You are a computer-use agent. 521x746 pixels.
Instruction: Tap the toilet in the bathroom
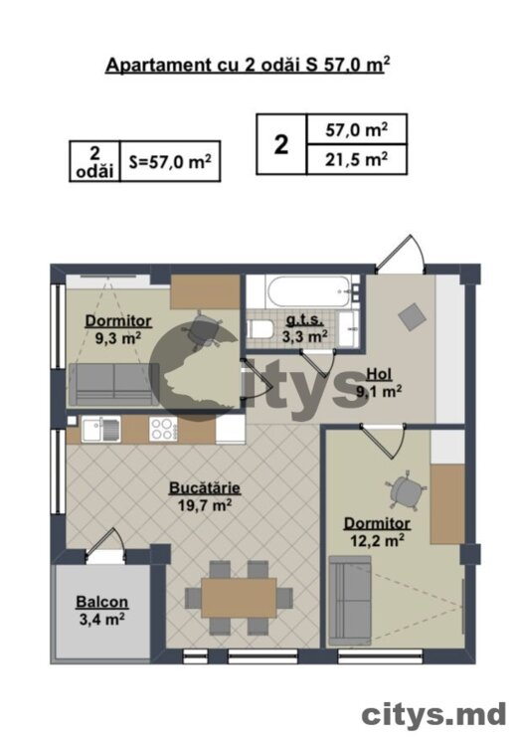tap(260, 329)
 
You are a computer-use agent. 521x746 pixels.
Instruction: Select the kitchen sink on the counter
tap(100, 430)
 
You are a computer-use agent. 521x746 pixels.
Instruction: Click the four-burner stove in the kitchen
tap(164, 429)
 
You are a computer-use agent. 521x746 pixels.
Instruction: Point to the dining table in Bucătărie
tap(239, 597)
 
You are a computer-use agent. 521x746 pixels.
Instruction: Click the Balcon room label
tap(102, 602)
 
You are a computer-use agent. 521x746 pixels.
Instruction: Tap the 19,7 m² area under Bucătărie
tap(205, 504)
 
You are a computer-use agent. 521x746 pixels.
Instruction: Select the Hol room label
tap(380, 374)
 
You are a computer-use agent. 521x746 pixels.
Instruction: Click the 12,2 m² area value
tap(378, 540)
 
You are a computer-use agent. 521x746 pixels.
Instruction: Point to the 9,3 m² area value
tap(118, 338)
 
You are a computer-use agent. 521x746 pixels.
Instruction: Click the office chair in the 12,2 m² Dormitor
tap(406, 491)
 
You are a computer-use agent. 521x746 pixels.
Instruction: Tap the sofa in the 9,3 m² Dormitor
tap(113, 384)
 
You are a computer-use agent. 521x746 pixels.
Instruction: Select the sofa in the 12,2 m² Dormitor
tap(349, 598)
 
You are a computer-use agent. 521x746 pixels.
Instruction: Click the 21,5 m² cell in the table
tap(356, 159)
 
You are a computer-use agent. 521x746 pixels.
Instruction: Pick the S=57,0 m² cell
tap(170, 162)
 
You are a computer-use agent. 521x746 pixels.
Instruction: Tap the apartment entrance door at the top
tap(400, 255)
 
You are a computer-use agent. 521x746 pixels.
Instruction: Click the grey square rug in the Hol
tap(413, 317)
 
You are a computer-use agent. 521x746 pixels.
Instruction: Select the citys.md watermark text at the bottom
tap(434, 714)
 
